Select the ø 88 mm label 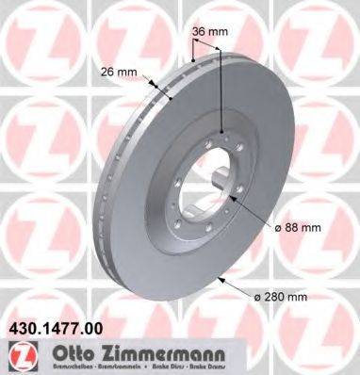coord(301,227)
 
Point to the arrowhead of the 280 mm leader coord(219,276)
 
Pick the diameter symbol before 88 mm coord(281,227)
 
